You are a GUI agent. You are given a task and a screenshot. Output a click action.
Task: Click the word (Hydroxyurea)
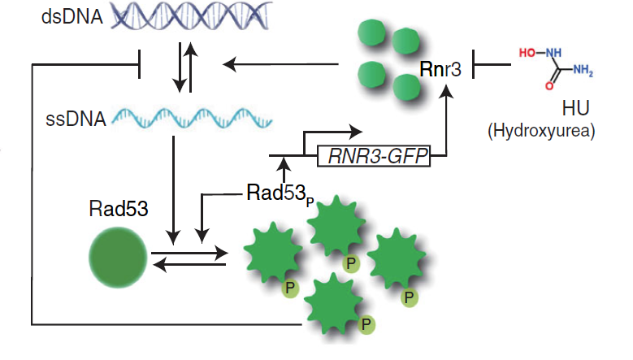tap(552, 130)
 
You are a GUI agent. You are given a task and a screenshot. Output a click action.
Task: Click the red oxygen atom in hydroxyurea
tap(548, 85)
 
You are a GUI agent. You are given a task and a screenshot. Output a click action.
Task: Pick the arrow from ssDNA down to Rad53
tap(174, 187)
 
